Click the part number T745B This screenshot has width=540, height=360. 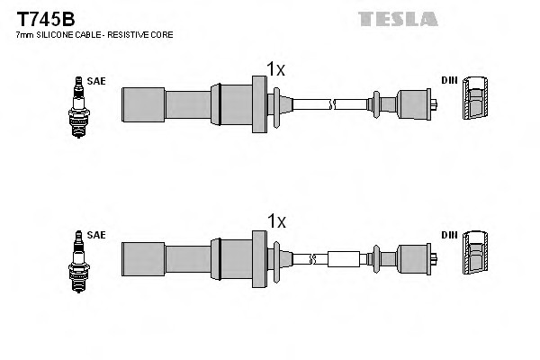pyautogui.click(x=44, y=18)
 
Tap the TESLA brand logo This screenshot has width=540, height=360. pyautogui.click(x=397, y=18)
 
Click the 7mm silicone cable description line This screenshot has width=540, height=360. pyautogui.click(x=94, y=34)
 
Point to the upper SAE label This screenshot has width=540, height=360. pyautogui.click(x=96, y=81)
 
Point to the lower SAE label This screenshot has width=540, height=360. pyautogui.click(x=96, y=235)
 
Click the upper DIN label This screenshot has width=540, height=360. pyautogui.click(x=449, y=81)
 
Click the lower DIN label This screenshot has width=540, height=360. pyautogui.click(x=449, y=235)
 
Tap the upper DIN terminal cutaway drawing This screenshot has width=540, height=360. pyautogui.click(x=474, y=101)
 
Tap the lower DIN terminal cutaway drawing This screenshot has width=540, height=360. pyautogui.click(x=474, y=256)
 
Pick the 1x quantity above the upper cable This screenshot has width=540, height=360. pyautogui.click(x=275, y=68)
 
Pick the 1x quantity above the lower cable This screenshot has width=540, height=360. pyautogui.click(x=275, y=221)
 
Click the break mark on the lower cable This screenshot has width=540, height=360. pyautogui.click(x=312, y=259)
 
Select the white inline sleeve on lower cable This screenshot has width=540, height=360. pyautogui.click(x=345, y=259)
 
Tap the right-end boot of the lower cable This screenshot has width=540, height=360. pyautogui.click(x=413, y=259)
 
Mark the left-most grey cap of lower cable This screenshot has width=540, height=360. pyautogui.click(x=143, y=259)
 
